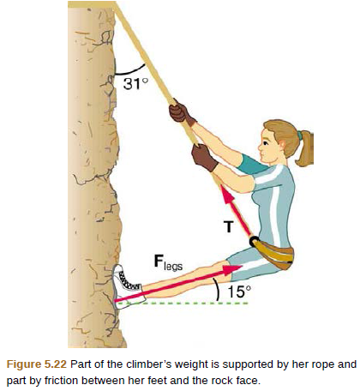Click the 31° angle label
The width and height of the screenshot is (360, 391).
pyautogui.click(x=136, y=85)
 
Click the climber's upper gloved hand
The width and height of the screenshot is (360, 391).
pyautogui.click(x=179, y=112)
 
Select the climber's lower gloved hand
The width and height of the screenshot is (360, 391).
pyautogui.click(x=204, y=157)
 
